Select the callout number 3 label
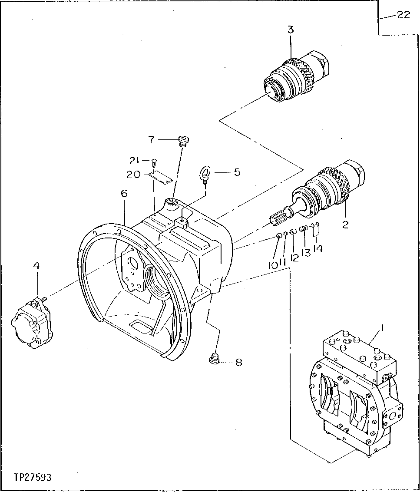pyautogui.click(x=290, y=30)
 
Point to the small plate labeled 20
pyautogui.click(x=161, y=177)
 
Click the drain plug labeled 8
pyautogui.click(x=213, y=360)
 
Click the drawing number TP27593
pyautogui.click(x=32, y=478)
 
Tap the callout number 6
pyautogui.click(x=124, y=193)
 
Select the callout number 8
pyautogui.click(x=238, y=362)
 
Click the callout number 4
pyautogui.click(x=36, y=265)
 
